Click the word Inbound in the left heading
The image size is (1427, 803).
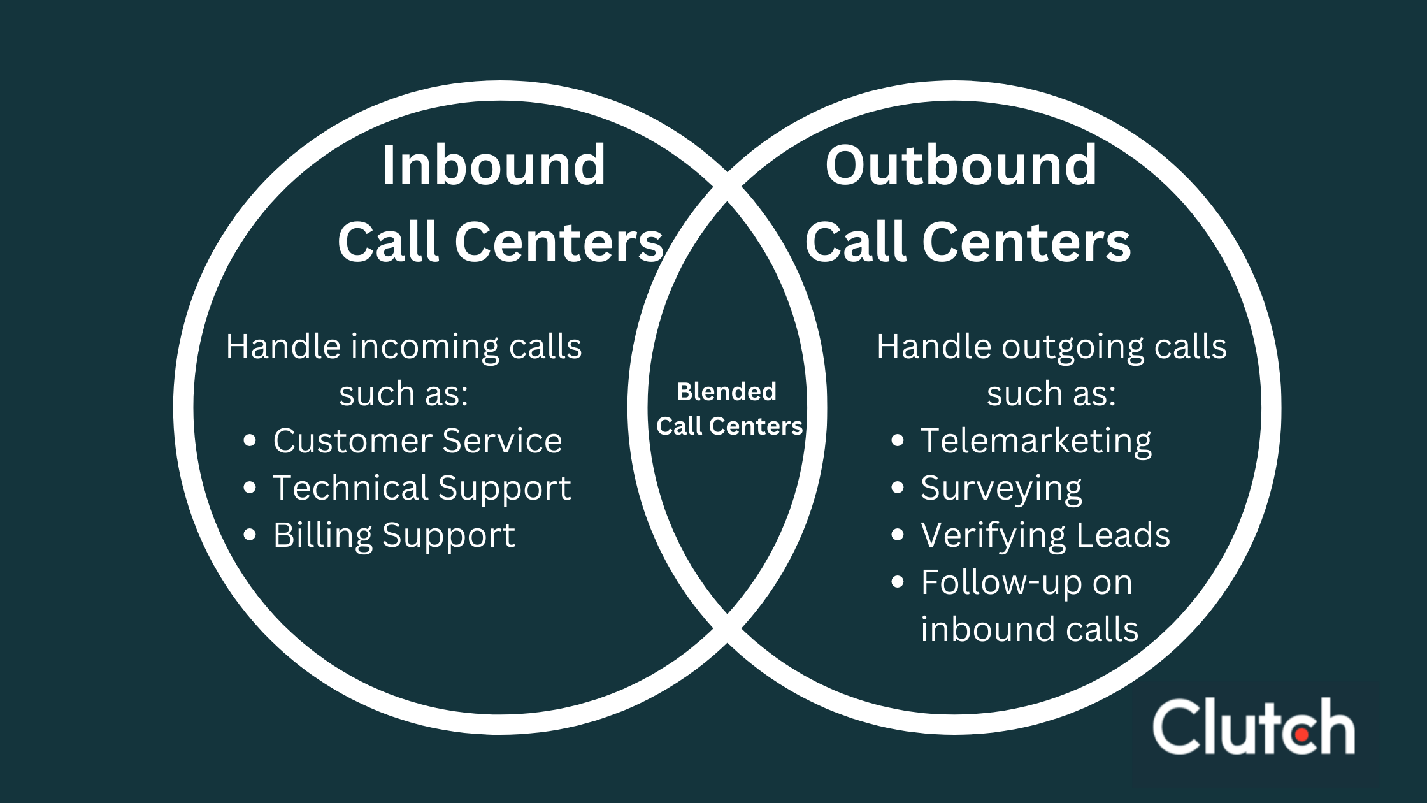[494, 166]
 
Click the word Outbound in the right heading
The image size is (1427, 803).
[961, 166]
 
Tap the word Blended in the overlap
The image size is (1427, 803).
[726, 391]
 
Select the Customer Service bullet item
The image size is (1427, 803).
[417, 441]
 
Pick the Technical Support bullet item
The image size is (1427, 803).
[422, 488]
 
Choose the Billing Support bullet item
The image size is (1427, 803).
[394, 535]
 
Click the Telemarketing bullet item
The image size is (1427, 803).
[1036, 441]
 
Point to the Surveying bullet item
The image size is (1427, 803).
[1001, 488]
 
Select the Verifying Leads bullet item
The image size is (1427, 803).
[1045, 535]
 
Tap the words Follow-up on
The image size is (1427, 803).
[1026, 582]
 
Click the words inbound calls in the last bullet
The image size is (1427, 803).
[1029, 630]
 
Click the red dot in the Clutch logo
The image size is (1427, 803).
[1302, 735]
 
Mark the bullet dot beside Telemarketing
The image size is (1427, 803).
[898, 440]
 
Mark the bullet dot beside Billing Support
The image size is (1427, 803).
[250, 535]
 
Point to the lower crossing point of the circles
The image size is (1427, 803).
[728, 628]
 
